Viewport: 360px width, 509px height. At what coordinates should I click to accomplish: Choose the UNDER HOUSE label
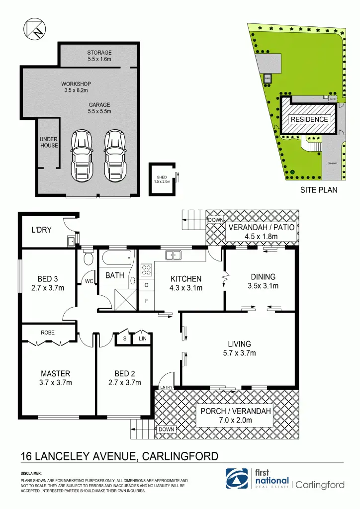pyautogui.click(x=49, y=143)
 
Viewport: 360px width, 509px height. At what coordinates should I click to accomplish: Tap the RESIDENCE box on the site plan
pyautogui.click(x=309, y=119)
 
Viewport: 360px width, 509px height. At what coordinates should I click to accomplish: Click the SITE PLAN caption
pyautogui.click(x=319, y=189)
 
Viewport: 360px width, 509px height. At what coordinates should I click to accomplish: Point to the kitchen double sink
pyautogui.click(x=173, y=255)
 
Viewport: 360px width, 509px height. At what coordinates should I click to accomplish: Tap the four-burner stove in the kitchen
pyautogui.click(x=147, y=271)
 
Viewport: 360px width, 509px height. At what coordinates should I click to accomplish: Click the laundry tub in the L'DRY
pyautogui.click(x=71, y=242)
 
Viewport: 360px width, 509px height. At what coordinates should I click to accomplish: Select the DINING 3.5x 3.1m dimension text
pyautogui.click(x=263, y=286)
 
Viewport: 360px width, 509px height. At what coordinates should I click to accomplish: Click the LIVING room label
pyautogui.click(x=239, y=343)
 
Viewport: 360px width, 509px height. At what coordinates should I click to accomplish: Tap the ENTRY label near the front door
pyautogui.click(x=166, y=387)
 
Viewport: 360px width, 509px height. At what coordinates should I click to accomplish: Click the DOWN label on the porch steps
pyautogui.click(x=166, y=429)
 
